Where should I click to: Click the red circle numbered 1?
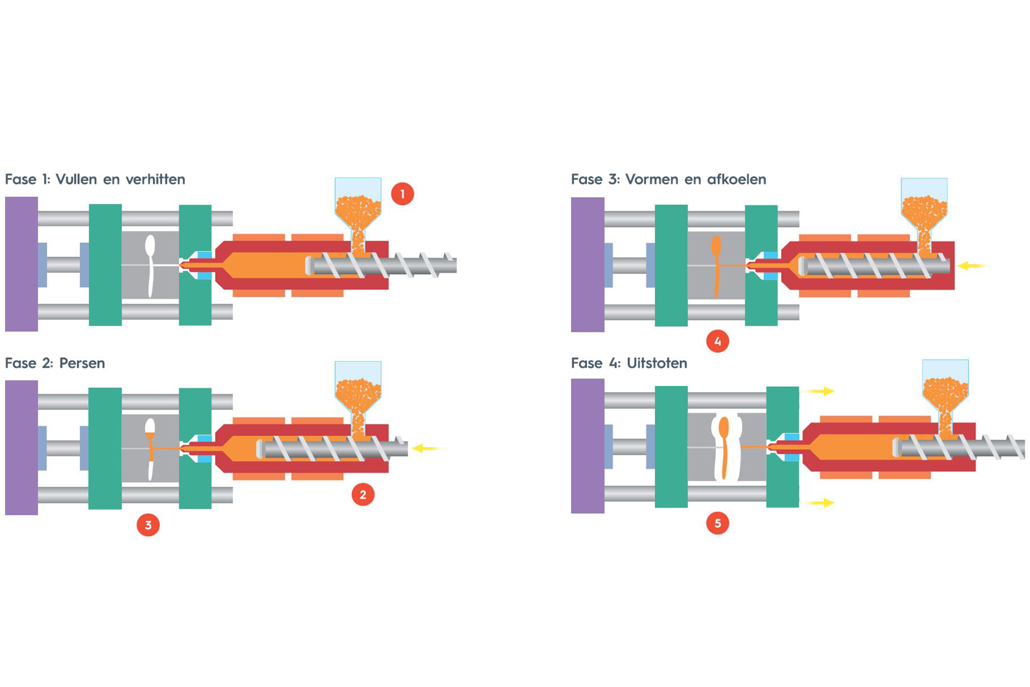[402, 194]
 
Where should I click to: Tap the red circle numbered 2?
[363, 494]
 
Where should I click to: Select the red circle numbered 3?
[148, 525]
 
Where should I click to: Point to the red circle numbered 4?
[717, 341]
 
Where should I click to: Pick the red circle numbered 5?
[717, 523]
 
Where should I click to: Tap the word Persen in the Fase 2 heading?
[82, 363]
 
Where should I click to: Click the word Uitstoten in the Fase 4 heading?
[657, 363]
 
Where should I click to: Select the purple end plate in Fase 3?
[587, 265]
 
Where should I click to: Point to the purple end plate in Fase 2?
[21, 448]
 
